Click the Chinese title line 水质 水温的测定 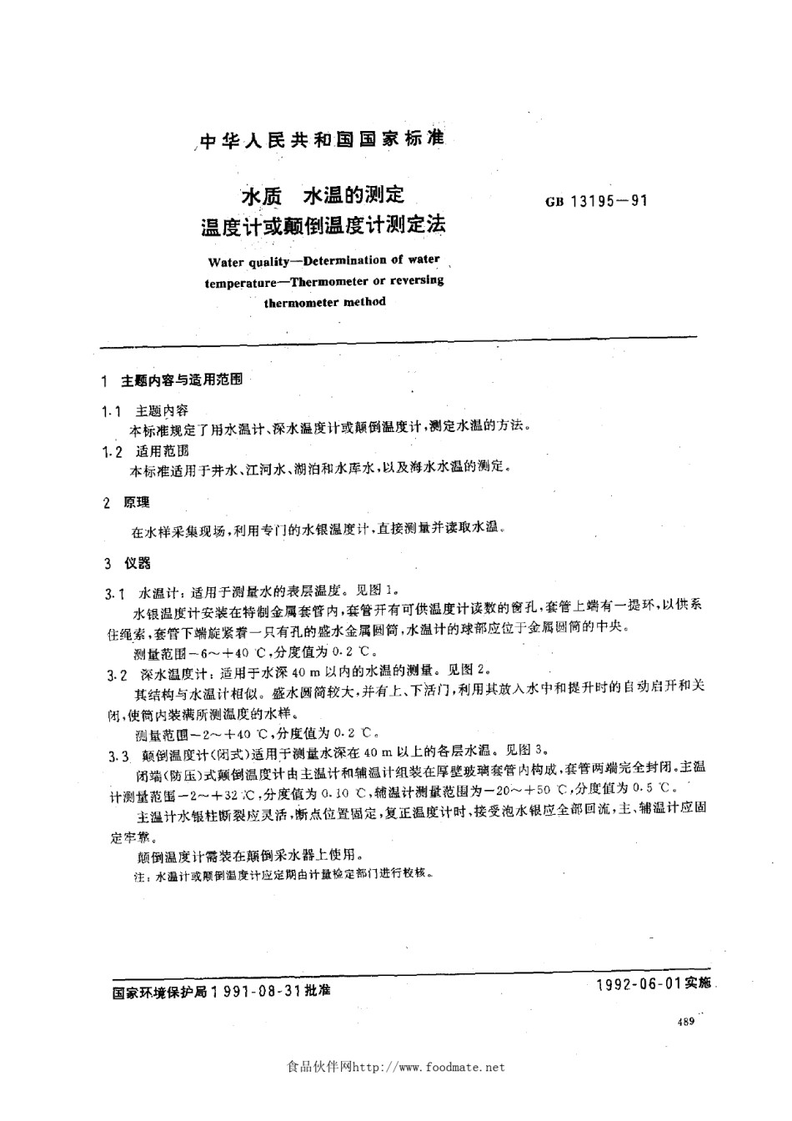pos(323,195)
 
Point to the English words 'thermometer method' pos(324,302)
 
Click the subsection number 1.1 pos(111,411)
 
